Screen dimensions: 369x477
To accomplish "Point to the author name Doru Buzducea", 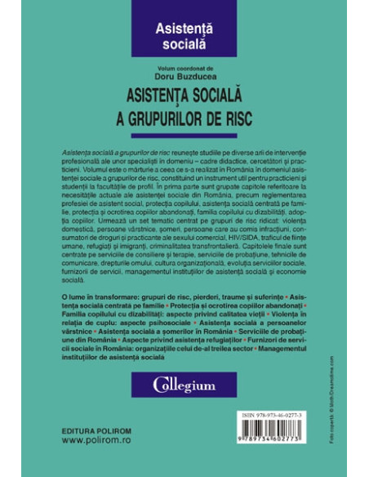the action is pos(184,74).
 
